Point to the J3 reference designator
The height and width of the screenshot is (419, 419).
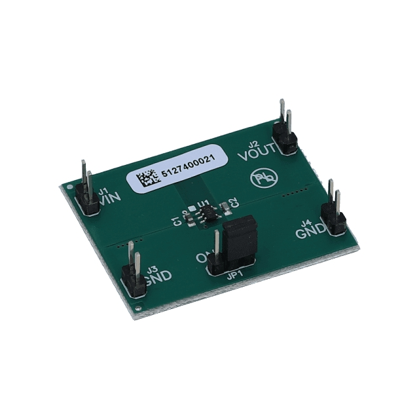151,268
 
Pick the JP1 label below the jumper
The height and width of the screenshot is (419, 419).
234,276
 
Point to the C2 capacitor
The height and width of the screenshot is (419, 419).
226,207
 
